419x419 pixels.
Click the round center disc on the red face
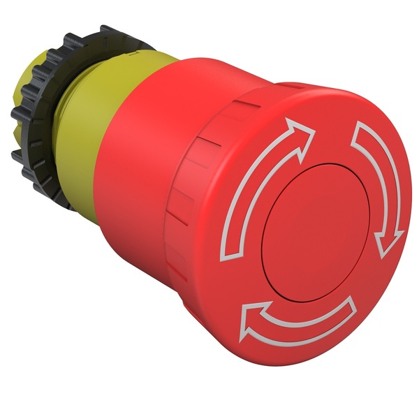314,221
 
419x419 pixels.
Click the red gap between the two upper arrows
335,126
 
